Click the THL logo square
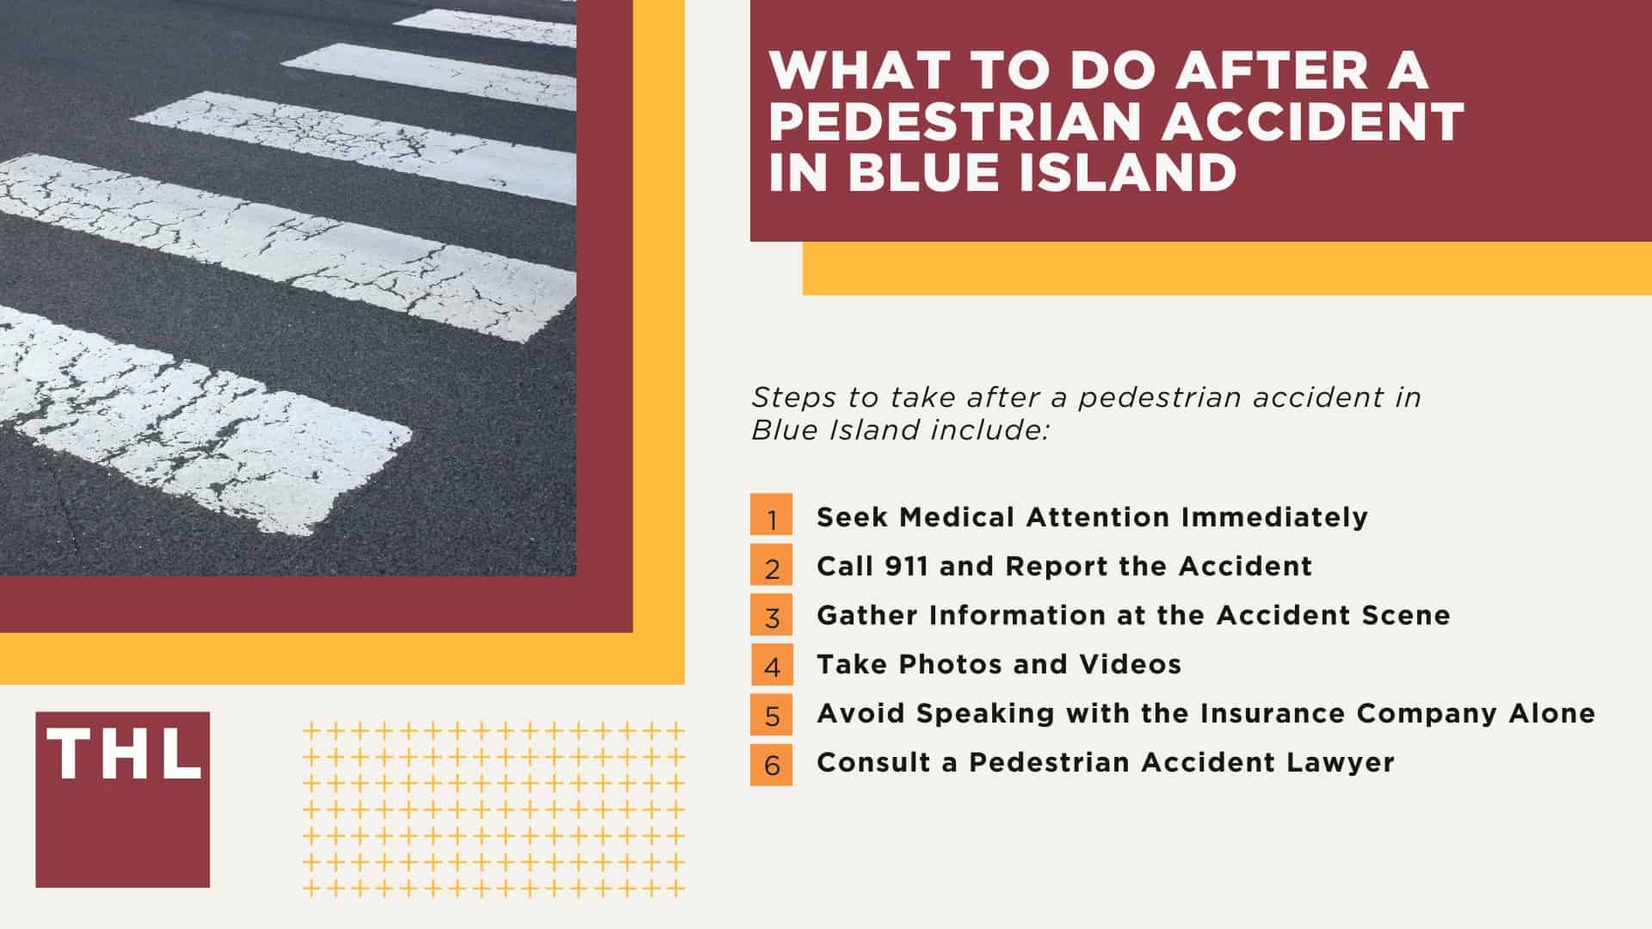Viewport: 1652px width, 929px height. (122, 799)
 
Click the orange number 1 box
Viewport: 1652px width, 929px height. (771, 517)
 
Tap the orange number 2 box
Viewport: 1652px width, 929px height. (771, 566)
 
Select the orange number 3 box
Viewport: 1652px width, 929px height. (771, 615)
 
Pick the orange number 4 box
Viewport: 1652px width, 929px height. (771, 664)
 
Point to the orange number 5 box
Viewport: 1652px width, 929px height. (771, 713)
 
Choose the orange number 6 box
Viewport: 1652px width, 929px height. (771, 763)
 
